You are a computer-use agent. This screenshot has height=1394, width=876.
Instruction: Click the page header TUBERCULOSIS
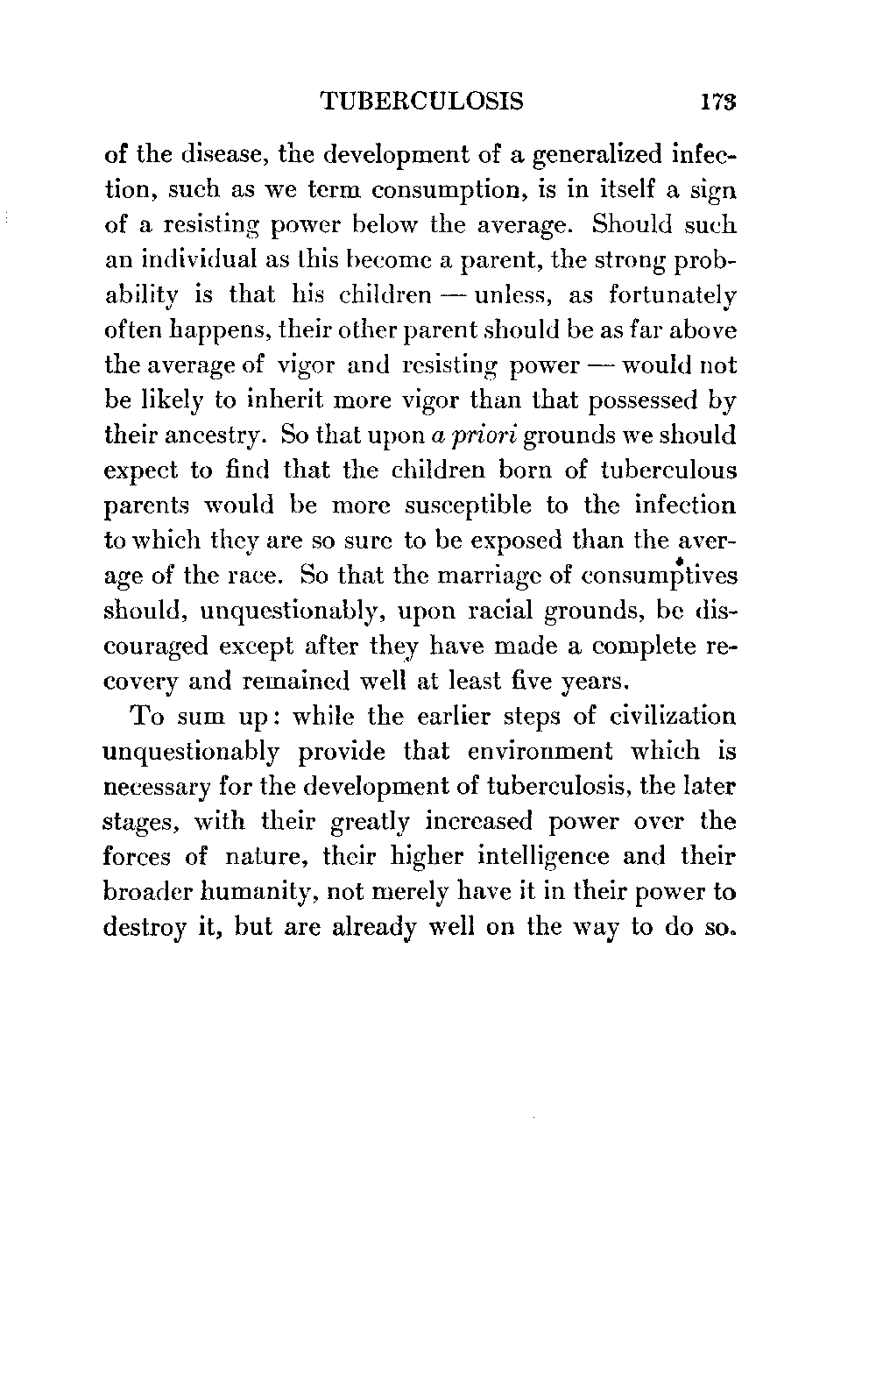pyautogui.click(x=423, y=102)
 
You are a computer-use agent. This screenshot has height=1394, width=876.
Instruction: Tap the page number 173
pyautogui.click(x=716, y=102)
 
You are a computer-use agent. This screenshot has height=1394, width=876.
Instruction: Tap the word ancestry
pyautogui.click(x=208, y=435)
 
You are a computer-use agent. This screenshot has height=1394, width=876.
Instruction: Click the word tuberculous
pyautogui.click(x=668, y=471)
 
